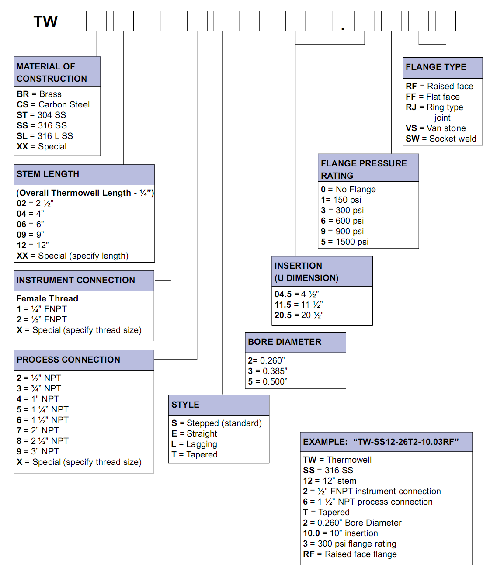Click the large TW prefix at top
pyautogui.click(x=45, y=22)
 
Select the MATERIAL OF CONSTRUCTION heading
pyautogui.click(x=52, y=73)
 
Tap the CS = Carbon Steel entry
pyautogui.click(x=53, y=105)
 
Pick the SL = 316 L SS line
pyautogui.click(x=45, y=136)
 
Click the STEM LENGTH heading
pyautogui.click(x=48, y=174)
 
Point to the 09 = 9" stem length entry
pyautogui.click(x=31, y=235)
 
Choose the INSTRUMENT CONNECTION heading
pyautogui.click(x=76, y=280)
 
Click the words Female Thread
pyautogui.click(x=47, y=298)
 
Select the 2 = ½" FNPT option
pyautogui.click(x=42, y=319)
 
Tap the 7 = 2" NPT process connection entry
pyautogui.click(x=38, y=430)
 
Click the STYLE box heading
pyautogui.click(x=185, y=405)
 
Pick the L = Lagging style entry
pyautogui.click(x=194, y=444)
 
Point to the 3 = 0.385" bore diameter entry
pyautogui.click(x=268, y=371)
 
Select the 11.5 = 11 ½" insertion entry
pyautogui.click(x=299, y=305)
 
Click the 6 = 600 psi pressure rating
pyautogui.click(x=342, y=221)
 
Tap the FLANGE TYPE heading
pyautogui.click(x=436, y=67)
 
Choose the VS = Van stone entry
pyautogui.click(x=435, y=128)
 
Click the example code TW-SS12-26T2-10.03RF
pyautogui.click(x=406, y=442)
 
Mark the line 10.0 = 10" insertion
pyautogui.click(x=341, y=533)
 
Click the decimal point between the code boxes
pyautogui.click(x=343, y=28)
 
